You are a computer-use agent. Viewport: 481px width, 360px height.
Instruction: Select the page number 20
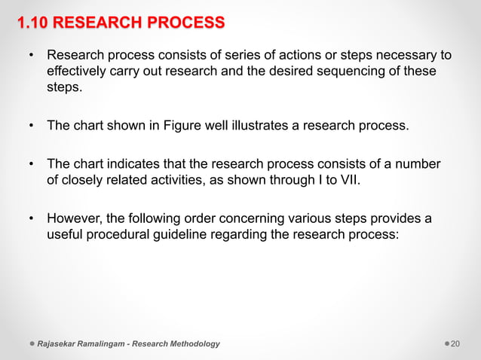coord(456,344)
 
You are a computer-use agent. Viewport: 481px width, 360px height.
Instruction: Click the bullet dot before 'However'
coord(31,219)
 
